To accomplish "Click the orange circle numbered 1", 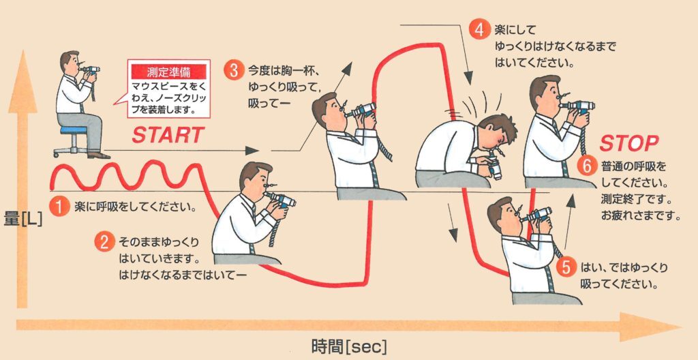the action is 59,207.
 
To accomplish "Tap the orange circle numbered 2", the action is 104,243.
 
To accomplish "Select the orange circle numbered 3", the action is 233,70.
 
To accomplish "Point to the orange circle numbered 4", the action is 479,30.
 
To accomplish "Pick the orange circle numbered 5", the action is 566,268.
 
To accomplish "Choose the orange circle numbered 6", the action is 587,167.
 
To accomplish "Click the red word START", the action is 168,136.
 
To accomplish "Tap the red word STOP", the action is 628,144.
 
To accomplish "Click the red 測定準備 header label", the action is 169,72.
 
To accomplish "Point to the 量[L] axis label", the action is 23,220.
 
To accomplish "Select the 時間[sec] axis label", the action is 349,346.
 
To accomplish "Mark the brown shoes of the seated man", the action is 99,155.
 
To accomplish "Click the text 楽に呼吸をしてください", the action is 136,208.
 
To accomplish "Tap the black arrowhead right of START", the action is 252,151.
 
